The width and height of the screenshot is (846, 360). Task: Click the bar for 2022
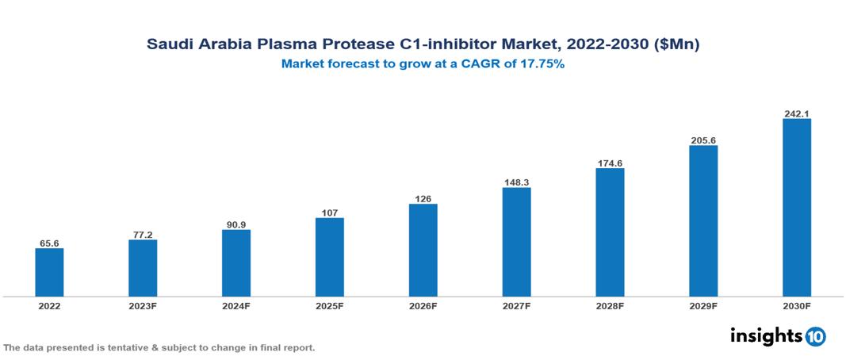click(49, 273)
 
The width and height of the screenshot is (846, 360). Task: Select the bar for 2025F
click(329, 257)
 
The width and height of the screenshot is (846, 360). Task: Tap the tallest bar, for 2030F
click(796, 208)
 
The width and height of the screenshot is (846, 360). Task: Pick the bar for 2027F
click(516, 242)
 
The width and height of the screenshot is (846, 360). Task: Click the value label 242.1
click(796, 113)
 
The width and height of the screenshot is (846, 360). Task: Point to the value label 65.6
click(49, 243)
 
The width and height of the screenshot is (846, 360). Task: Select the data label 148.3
click(516, 182)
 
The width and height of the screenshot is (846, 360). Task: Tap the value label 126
click(423, 199)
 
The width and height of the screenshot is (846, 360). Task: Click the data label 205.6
click(703, 140)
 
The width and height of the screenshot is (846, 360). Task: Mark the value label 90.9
click(236, 224)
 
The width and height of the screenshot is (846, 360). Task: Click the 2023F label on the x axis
click(143, 305)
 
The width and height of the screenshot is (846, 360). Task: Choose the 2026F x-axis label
click(423, 305)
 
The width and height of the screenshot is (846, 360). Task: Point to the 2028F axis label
click(610, 305)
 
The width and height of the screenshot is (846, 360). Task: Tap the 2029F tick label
click(703, 305)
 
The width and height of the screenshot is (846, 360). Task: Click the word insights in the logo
click(765, 335)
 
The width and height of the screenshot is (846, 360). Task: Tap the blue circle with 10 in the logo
click(815, 336)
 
